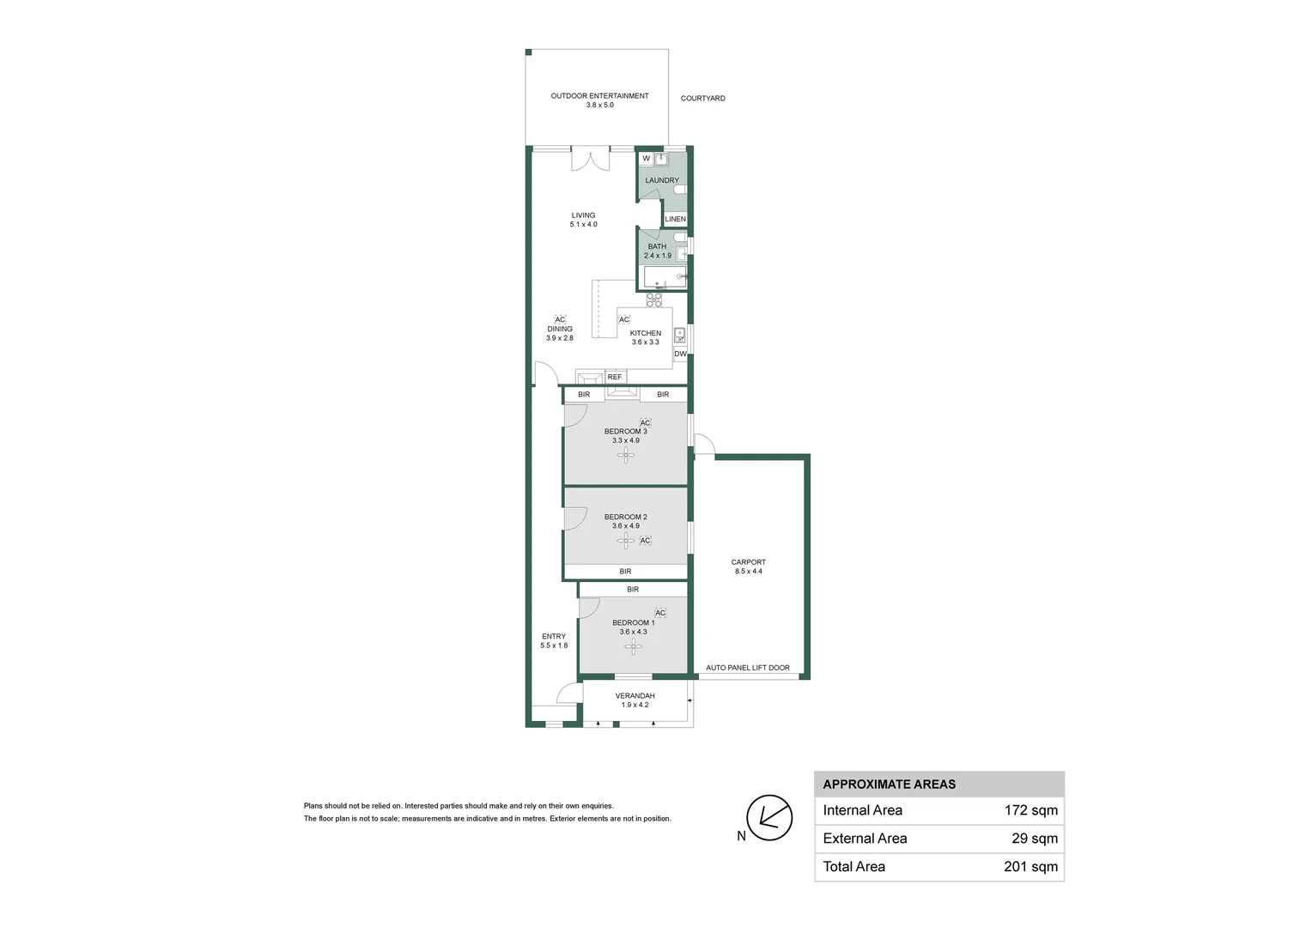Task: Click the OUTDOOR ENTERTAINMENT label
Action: coord(599,95)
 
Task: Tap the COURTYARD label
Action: coord(703,99)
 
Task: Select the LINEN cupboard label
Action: coord(676,219)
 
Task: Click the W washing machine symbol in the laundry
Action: coord(646,159)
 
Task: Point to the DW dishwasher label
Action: coord(680,354)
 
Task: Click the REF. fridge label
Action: coord(615,377)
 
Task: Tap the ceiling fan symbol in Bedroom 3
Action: coord(626,455)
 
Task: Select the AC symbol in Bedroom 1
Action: coord(660,613)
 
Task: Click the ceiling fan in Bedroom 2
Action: coord(626,541)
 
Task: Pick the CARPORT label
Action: coord(748,562)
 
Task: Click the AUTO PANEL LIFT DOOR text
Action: coord(747,668)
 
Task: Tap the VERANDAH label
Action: coord(635,696)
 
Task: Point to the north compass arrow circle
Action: coord(769,817)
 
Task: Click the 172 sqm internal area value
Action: coord(1031,810)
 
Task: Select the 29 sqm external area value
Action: coord(1035,839)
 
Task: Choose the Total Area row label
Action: coord(854,867)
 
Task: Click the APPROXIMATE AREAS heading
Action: coord(889,785)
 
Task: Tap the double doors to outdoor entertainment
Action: coord(591,159)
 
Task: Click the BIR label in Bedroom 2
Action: coord(625,572)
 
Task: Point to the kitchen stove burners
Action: coord(654,300)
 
